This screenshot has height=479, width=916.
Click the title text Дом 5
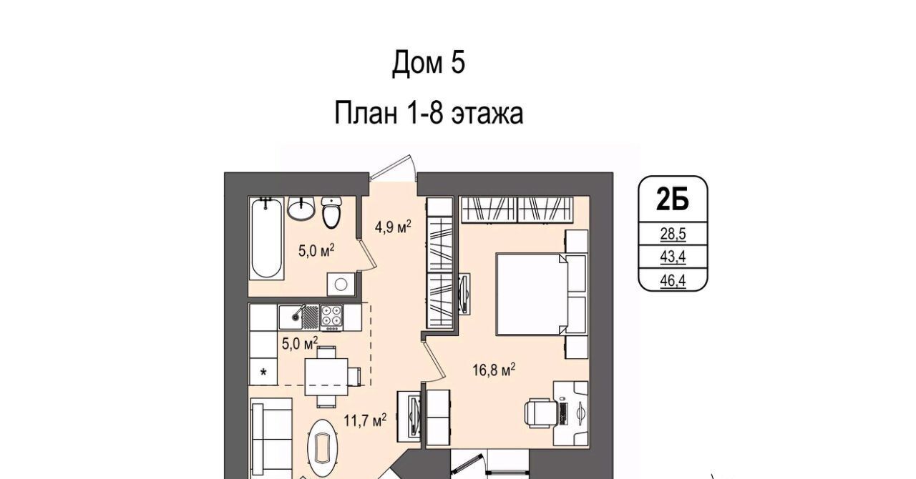[429, 62]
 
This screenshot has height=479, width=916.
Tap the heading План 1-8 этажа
[429, 113]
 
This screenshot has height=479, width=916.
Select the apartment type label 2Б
[673, 199]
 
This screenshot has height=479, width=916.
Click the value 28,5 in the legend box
[673, 234]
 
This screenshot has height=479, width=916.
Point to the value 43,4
[673, 257]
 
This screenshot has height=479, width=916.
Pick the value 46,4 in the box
[673, 281]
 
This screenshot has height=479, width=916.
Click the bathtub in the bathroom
[266, 238]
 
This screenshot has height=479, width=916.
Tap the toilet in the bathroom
[331, 212]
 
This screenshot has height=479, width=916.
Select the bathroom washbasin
[301, 208]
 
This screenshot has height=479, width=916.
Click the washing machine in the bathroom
[341, 284]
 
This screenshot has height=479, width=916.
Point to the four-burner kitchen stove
[331, 317]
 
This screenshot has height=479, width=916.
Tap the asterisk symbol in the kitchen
[263, 372]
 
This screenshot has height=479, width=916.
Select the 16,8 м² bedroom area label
[494, 370]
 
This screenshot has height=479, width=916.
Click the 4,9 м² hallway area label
[393, 227]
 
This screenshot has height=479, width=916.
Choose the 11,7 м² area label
[365, 420]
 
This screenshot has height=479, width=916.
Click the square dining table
[326, 377]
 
